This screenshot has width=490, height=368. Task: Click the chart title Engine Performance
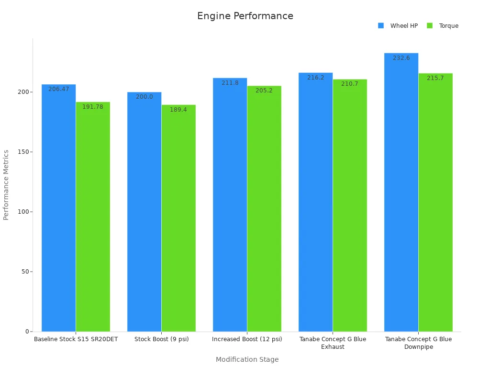(245, 16)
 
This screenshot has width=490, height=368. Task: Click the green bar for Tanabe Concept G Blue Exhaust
(350, 206)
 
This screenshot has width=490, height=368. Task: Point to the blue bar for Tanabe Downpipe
(401, 192)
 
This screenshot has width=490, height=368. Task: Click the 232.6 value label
(401, 58)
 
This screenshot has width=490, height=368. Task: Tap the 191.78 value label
(93, 107)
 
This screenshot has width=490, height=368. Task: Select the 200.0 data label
(144, 97)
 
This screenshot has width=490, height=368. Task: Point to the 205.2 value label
(264, 91)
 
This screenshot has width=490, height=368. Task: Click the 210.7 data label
(350, 84)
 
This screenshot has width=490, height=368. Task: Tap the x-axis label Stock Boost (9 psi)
(162, 339)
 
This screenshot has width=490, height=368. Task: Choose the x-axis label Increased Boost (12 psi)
(247, 339)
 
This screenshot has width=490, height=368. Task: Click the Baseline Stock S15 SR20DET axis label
(76, 339)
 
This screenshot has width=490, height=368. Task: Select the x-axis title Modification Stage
(247, 359)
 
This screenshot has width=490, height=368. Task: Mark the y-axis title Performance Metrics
(6, 185)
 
